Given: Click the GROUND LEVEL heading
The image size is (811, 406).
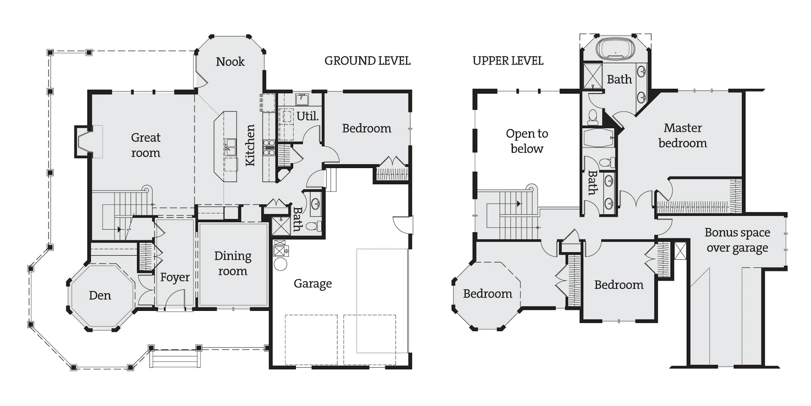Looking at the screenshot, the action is [367, 61].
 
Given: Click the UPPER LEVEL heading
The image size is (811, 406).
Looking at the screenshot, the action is [508, 61].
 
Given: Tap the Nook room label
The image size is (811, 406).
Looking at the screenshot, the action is [230, 62].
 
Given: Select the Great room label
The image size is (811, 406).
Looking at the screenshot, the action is [146, 145].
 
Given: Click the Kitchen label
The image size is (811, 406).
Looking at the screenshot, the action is [250, 145].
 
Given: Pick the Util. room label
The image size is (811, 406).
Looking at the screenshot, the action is [308, 116].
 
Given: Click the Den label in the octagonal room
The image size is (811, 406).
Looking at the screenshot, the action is [100, 295].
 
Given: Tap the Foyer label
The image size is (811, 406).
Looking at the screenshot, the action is [175, 277].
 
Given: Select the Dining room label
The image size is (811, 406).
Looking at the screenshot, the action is [233, 264].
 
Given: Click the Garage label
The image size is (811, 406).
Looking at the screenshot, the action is [313, 283].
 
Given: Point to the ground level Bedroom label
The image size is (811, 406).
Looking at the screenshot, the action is [366, 129].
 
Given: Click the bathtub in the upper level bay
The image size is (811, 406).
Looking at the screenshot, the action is [615, 49].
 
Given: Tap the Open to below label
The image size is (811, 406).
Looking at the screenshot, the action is [527, 141].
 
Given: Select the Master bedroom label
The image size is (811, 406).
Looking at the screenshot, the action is [683, 136].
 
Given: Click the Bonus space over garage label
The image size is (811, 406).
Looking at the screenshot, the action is [737, 240].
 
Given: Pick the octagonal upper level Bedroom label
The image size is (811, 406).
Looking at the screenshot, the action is [487, 294].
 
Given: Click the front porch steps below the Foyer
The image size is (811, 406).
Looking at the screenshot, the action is [175, 359].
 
